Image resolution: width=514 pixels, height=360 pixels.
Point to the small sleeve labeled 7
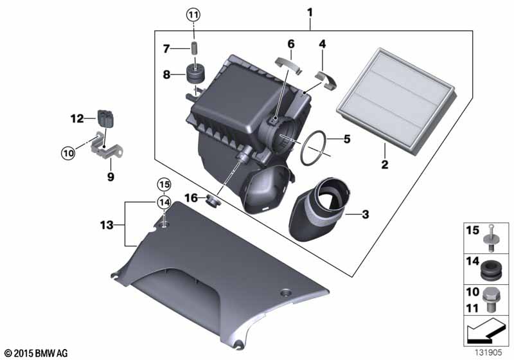195,48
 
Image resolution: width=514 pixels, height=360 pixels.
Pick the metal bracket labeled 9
105,148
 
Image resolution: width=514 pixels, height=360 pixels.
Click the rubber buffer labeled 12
105,118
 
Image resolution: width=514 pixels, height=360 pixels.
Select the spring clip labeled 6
288,64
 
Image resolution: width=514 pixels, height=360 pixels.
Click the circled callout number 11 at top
193,14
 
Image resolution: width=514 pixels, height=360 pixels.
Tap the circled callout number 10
68,153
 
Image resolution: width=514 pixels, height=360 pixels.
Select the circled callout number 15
164,185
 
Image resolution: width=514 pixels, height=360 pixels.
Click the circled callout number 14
164,203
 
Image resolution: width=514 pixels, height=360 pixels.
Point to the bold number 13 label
107,225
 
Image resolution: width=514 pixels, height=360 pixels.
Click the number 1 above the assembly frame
310,13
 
